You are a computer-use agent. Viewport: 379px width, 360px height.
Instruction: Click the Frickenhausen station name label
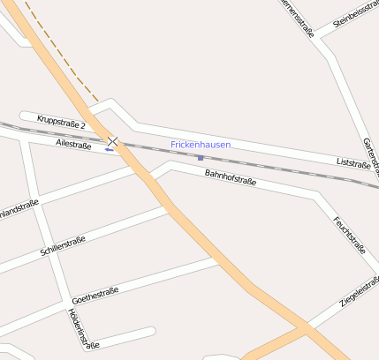coord(201,144)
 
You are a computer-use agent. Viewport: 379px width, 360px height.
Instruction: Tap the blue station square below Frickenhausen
coord(201,158)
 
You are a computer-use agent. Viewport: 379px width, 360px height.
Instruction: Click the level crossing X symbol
coord(113,141)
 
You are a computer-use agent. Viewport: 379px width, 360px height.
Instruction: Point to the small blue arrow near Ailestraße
coord(110,149)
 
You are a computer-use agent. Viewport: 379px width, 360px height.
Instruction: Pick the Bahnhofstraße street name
coord(230,178)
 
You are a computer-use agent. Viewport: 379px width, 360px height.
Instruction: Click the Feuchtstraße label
coord(350,234)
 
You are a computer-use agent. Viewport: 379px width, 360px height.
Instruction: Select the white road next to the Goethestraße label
coord(159,275)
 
